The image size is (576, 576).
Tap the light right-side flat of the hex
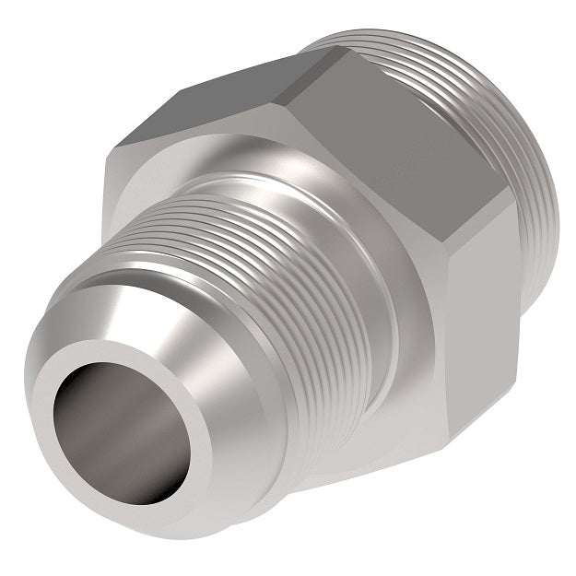pos(479,304)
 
